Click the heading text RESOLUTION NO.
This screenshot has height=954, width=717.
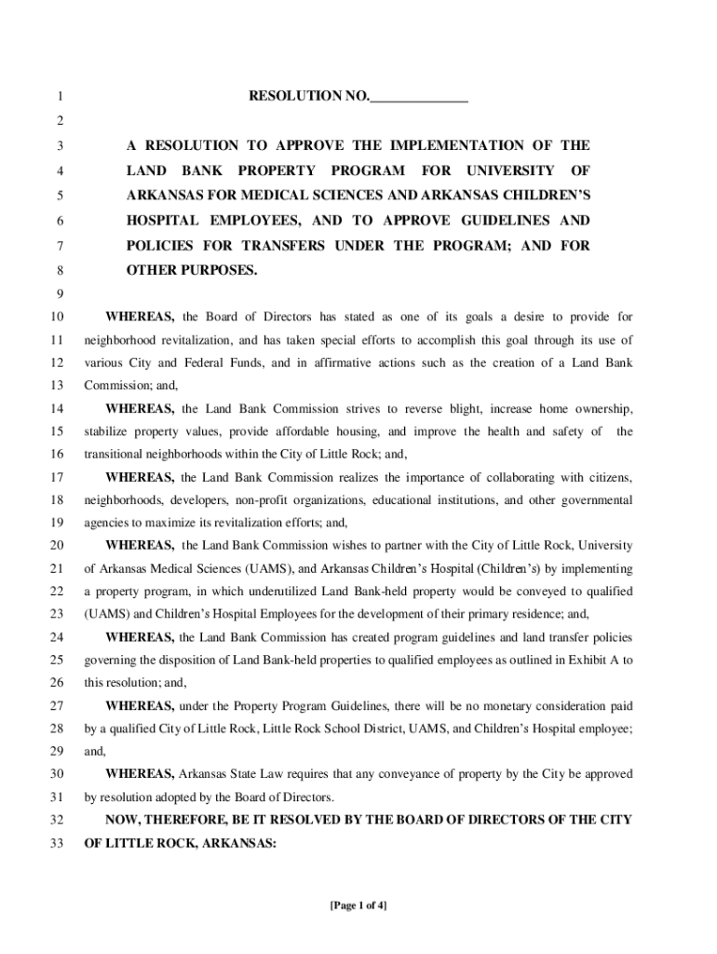(308, 96)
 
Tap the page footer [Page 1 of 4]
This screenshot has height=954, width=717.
(358, 905)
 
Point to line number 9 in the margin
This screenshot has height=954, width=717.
(59, 293)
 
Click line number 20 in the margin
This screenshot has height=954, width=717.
(56, 545)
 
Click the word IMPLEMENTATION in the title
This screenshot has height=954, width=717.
(448, 145)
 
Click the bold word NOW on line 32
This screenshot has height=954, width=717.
(122, 820)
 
